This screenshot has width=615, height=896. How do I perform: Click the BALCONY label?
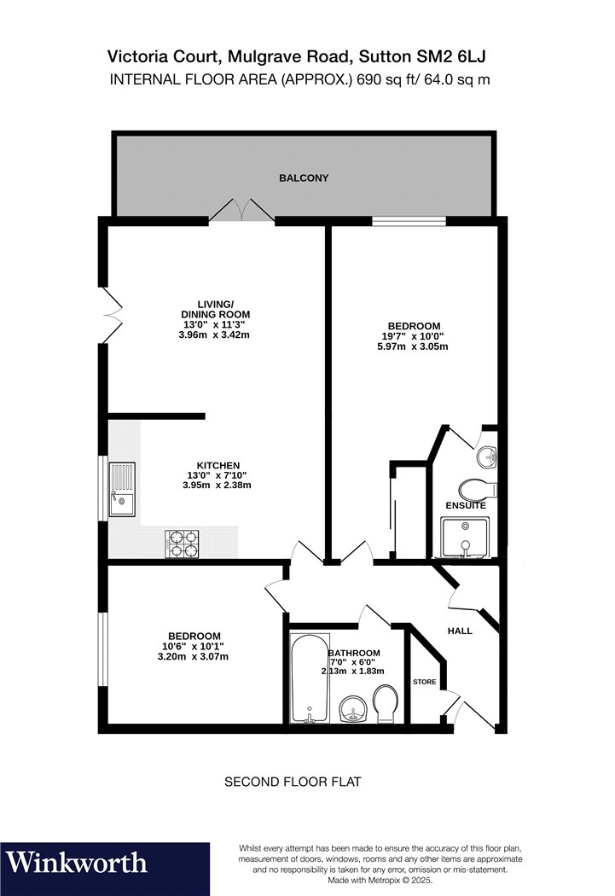pos(303,178)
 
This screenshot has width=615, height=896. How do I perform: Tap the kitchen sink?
pos(123,489)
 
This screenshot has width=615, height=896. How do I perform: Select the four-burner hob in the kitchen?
pos(183,544)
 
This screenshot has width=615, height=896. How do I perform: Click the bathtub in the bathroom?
pos(310,678)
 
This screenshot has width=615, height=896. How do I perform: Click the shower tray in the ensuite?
pos(466,537)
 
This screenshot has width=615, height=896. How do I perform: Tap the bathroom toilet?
pos(386,703)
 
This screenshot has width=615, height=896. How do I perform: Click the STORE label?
pos(424,682)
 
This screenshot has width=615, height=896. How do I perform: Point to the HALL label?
pos(460,631)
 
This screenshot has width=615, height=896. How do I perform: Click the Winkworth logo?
pos(76,862)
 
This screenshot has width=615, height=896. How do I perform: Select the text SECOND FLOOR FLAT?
pos(293,782)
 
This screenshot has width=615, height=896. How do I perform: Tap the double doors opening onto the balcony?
pos(242,210)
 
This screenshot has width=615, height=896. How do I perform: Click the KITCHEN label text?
pos(218,466)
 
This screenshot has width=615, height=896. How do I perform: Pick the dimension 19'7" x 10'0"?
pos(413,336)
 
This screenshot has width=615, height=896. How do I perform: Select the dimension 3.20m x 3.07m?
pos(193,656)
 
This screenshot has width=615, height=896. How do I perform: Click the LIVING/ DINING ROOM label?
pos(215,309)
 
